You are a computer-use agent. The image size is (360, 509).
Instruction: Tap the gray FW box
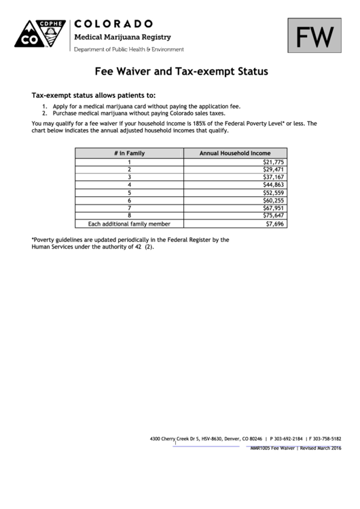[314, 36]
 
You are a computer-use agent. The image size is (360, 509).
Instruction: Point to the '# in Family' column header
[129, 154]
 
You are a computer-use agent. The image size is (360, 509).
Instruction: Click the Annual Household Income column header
[234, 154]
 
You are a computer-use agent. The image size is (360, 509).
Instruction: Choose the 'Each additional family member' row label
[129, 224]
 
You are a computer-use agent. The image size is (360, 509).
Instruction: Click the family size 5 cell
[129, 193]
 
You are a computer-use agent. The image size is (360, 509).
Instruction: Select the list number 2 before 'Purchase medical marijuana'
[44, 113]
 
